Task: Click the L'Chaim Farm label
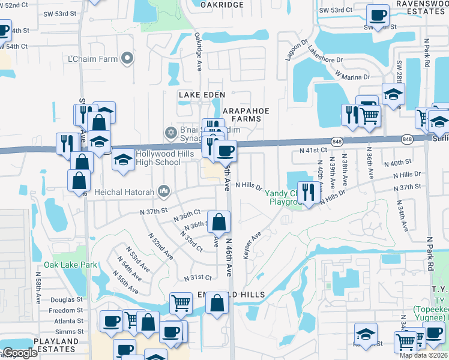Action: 91,59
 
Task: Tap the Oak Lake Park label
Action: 70,265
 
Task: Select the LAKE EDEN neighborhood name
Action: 202,95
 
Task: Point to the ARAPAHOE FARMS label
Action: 247,115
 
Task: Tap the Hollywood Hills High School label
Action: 151,158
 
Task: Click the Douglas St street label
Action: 66,299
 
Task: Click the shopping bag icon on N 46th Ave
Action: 220,221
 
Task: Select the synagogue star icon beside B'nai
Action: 170,131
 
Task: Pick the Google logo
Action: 19,353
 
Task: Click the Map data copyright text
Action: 423,355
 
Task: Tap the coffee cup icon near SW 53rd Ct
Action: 378,15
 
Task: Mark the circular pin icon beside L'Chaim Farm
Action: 127,58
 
